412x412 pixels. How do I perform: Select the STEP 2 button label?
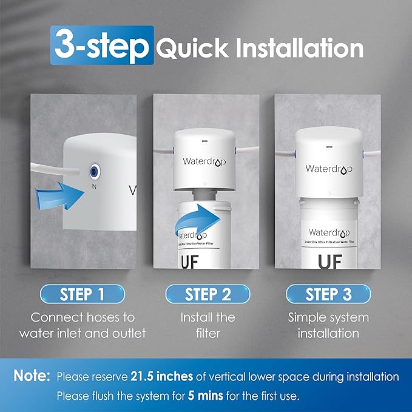(208, 295)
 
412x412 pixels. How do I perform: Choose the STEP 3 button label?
(328, 295)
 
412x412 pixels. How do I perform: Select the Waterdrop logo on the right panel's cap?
(328, 168)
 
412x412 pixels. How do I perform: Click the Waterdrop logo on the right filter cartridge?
(328, 233)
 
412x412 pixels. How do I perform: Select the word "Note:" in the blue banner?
(32, 377)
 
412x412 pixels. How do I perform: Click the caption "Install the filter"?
(208, 325)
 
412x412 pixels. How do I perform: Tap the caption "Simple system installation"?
(328, 325)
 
